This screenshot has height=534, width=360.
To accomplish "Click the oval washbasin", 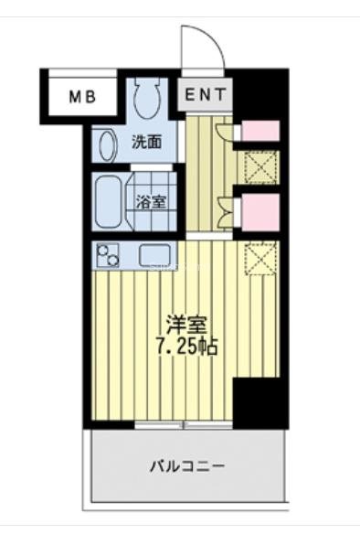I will pos(106,147).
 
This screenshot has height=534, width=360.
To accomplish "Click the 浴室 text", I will pos(152,202).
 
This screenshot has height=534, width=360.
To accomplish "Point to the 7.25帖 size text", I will pos(186,347).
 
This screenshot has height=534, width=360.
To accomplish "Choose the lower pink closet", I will pos(259,212).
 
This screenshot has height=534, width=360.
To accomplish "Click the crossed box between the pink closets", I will pos(259,169).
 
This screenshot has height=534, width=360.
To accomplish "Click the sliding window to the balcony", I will pos(183,425).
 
